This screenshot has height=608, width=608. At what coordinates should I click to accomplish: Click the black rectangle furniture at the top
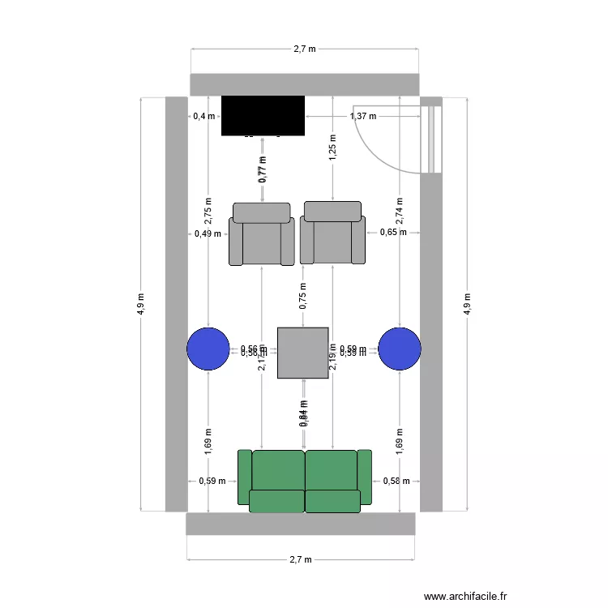coord(263,115)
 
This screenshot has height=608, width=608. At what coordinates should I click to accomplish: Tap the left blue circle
coord(208,349)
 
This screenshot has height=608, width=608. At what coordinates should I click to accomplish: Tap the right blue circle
coord(400,349)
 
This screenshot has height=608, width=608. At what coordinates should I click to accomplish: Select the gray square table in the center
coord(302,353)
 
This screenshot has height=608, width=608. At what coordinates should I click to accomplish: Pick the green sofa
coord(305,481)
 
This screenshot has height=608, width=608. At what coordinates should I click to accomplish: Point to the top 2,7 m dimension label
coord(305,49)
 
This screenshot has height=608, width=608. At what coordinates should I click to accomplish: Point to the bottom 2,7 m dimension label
coord(301,559)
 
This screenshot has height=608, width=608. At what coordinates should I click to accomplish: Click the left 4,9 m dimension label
coord(141,304)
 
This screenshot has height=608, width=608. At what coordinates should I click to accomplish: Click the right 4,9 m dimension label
coord(467,304)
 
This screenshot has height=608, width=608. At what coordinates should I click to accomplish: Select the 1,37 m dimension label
coord(363,116)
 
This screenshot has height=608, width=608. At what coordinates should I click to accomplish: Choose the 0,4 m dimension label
coord(204,116)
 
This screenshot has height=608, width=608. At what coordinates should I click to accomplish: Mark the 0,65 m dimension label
coord(392,233)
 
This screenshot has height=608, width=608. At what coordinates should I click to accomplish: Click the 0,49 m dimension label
coord(208,234)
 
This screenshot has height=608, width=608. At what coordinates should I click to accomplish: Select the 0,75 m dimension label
coord(303,297)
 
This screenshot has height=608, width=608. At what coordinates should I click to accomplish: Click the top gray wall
coord(304,84)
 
